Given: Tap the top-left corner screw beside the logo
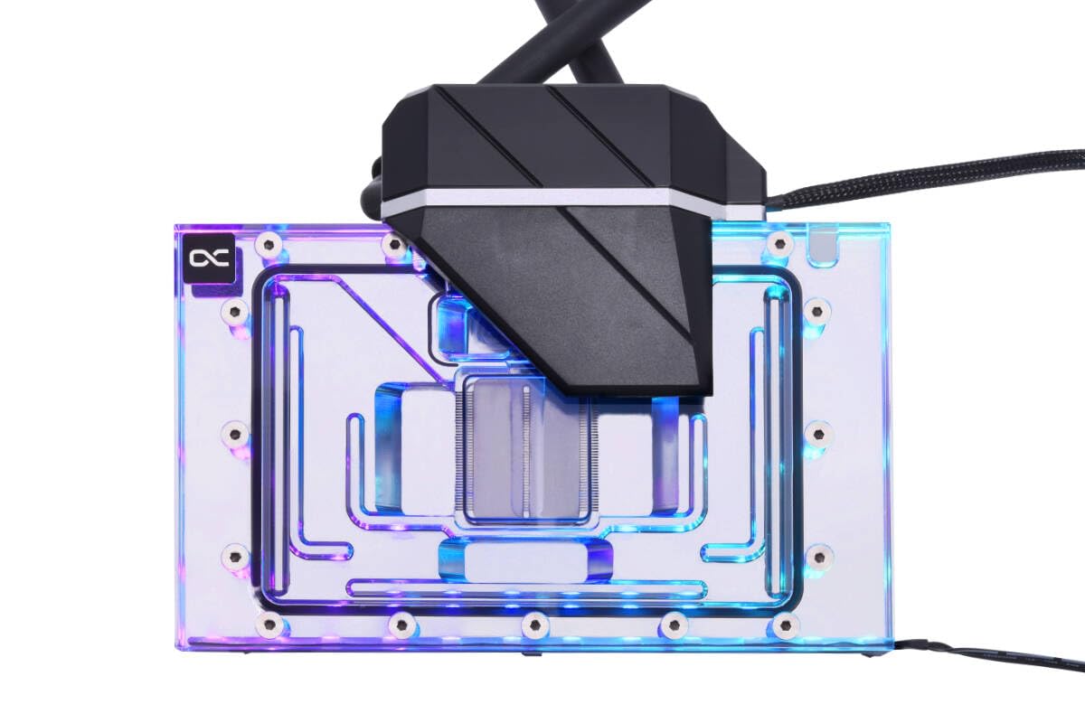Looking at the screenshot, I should (268, 244).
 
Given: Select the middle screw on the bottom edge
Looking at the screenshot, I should (535, 624).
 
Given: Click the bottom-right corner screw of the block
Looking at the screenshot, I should (786, 624).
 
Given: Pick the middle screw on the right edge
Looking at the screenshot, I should (816, 434).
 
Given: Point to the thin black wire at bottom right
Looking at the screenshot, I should (976, 653).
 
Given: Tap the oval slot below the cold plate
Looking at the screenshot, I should (524, 560).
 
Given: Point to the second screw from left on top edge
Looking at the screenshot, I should (394, 244).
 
